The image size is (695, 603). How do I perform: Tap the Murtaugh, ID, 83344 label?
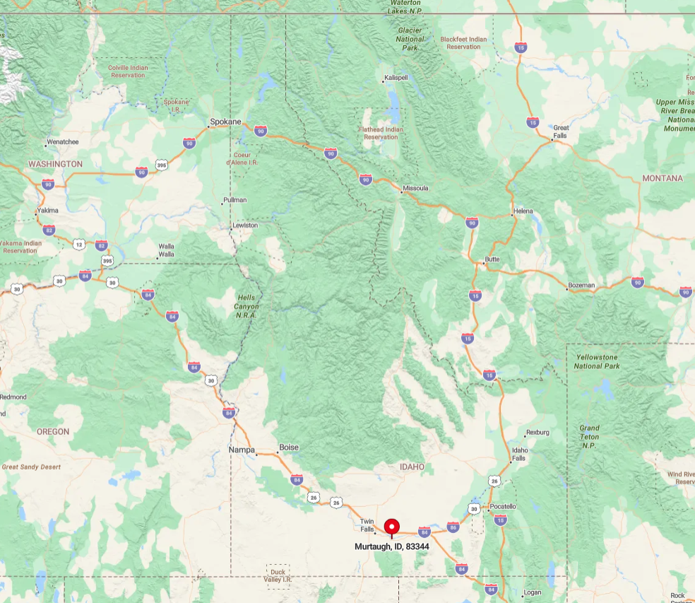[x=392, y=546]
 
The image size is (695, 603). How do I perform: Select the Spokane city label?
[x=225, y=122]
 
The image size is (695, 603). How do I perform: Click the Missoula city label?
[x=415, y=188]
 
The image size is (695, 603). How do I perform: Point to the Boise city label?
[x=289, y=447]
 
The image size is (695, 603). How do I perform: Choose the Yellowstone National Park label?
[x=597, y=361]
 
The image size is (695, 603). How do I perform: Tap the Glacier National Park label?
[x=410, y=39]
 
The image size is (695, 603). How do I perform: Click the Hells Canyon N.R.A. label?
[x=246, y=307]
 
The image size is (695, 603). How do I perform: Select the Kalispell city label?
[x=396, y=77]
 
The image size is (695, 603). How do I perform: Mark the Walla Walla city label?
[x=166, y=250]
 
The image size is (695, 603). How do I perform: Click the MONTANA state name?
[x=662, y=178]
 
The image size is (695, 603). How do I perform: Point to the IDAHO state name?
[x=412, y=467]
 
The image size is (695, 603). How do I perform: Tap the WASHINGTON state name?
[x=55, y=164]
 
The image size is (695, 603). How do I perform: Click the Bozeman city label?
[x=581, y=285]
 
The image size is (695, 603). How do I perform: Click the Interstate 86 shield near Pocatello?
[x=453, y=527]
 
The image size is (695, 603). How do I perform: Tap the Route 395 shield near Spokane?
[x=162, y=165]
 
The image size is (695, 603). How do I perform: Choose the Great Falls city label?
[x=561, y=131]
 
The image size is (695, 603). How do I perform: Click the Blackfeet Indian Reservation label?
[x=463, y=42]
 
